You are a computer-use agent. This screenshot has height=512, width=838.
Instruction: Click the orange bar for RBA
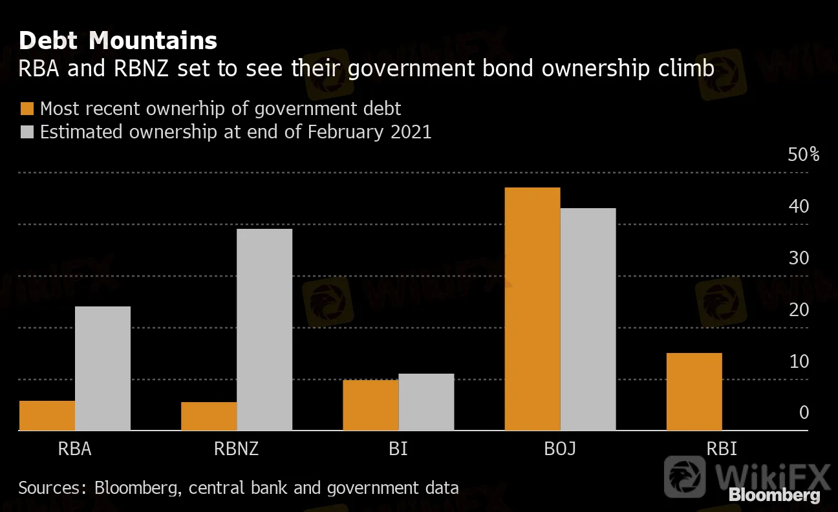[x=47, y=416]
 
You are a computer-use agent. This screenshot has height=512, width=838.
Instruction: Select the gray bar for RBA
[x=103, y=368]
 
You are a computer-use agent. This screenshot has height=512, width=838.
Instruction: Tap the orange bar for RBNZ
[x=209, y=416]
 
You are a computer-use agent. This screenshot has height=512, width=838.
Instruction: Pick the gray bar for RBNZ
[x=264, y=330]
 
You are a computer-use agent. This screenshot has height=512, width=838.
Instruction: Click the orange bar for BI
[x=371, y=405]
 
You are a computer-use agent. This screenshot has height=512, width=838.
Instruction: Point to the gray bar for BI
[x=426, y=402]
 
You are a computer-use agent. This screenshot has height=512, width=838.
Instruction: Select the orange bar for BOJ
[x=532, y=309]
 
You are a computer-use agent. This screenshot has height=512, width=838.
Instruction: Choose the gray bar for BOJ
[x=588, y=319]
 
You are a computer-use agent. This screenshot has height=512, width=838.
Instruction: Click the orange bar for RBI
[x=694, y=392]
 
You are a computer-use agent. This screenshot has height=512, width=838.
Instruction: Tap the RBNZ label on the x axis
[x=236, y=449]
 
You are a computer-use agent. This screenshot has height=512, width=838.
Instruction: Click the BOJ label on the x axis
[x=559, y=449]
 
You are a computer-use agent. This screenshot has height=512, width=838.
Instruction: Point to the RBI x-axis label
[x=721, y=449]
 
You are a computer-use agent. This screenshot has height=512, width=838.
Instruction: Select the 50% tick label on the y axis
[x=803, y=155]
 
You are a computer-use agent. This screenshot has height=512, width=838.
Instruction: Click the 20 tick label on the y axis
[x=799, y=310]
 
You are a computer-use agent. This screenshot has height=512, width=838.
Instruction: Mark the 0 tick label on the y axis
[x=804, y=412]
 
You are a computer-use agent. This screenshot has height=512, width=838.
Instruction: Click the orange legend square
[x=27, y=108]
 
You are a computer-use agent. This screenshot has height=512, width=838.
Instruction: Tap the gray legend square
[x=27, y=132]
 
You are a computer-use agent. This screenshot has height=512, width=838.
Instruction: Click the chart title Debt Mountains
[x=118, y=41]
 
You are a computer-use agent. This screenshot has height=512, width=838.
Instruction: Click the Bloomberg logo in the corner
[x=775, y=496]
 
